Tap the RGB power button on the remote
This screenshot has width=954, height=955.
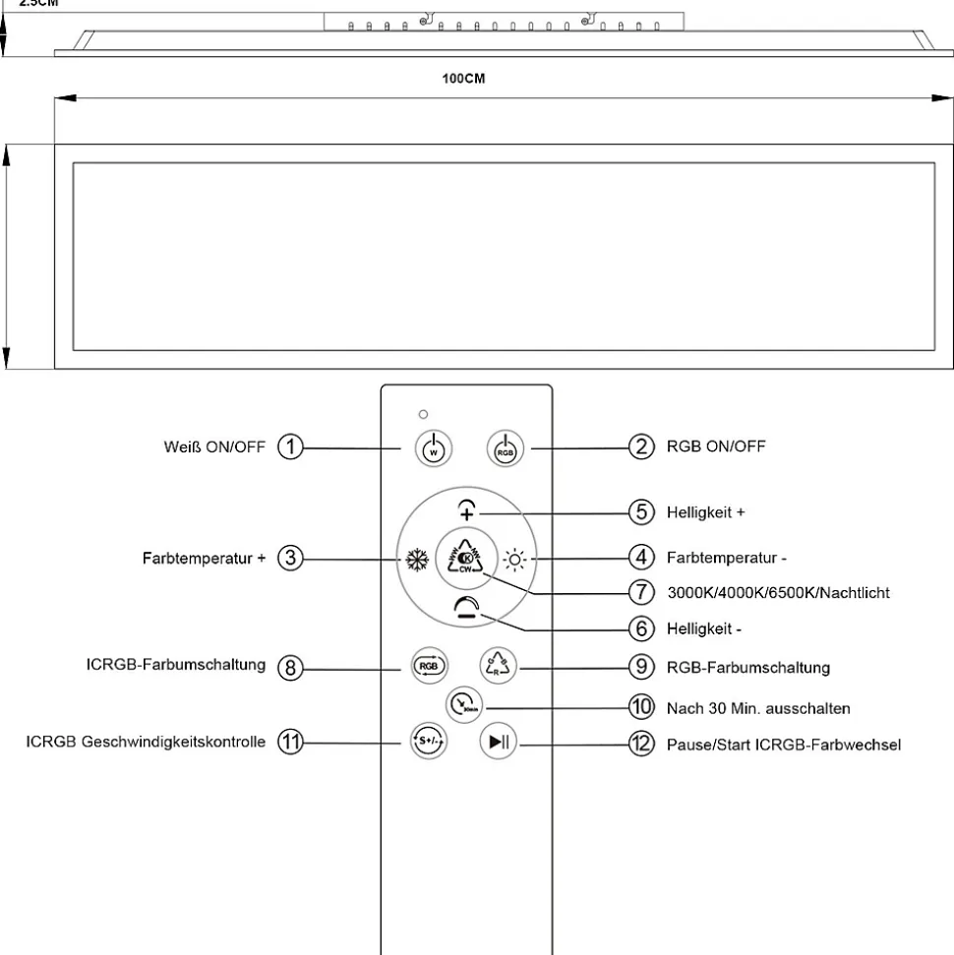505,448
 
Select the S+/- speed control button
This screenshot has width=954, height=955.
428,741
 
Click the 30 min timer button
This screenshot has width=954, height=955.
464,704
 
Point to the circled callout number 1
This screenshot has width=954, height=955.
290,448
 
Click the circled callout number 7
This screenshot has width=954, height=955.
641,593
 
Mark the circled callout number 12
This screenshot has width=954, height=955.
641,744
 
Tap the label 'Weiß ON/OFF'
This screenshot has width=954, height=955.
213,448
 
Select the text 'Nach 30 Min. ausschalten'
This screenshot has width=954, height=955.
758,707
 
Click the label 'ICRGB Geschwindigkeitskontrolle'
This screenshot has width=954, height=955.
146,742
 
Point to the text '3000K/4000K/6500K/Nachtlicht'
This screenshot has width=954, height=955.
779,593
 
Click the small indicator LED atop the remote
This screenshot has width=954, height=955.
423,414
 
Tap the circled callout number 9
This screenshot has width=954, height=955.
641,667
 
